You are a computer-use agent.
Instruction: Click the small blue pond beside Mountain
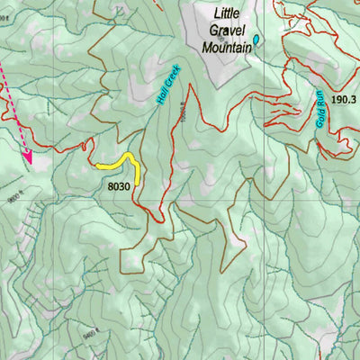[256, 40]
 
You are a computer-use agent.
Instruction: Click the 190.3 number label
[343, 99]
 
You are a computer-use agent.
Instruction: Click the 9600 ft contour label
[13, 200]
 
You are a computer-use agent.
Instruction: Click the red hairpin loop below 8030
[158, 218]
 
